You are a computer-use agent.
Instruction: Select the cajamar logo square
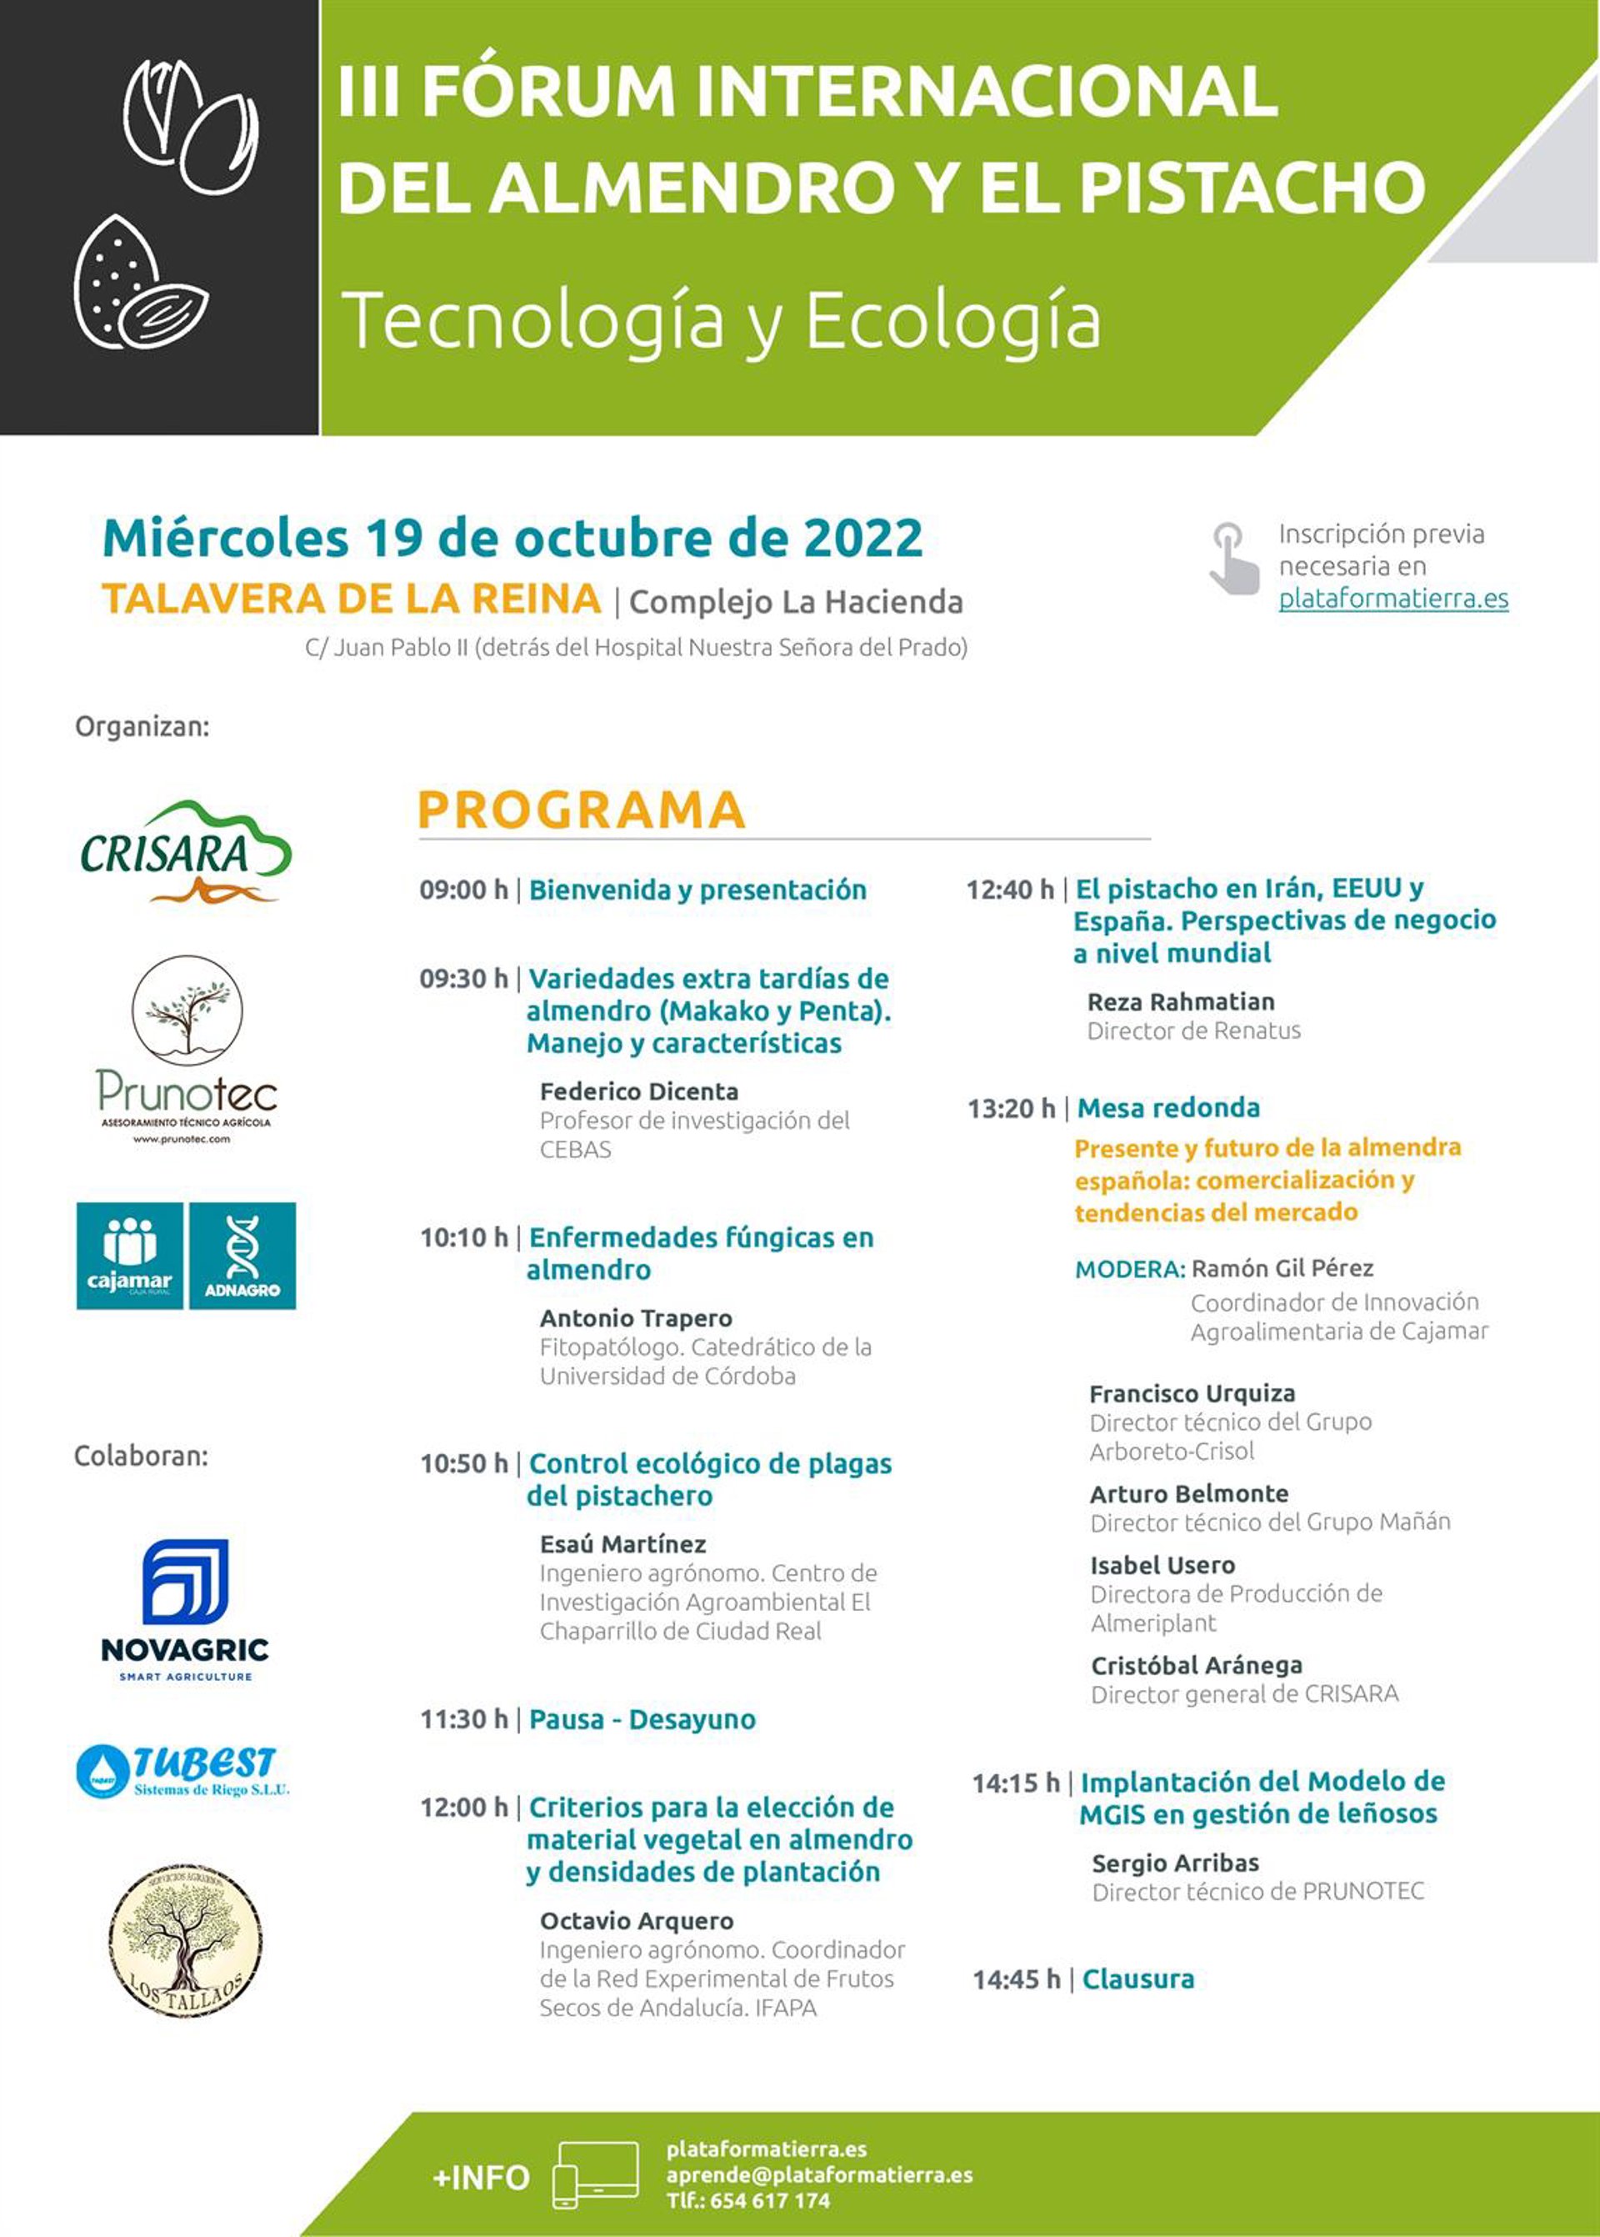130,1256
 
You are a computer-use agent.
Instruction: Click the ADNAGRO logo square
242,1256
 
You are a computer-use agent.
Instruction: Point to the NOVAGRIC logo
185,1608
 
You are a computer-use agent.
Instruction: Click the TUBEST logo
184,1771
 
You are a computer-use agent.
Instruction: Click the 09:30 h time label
463,979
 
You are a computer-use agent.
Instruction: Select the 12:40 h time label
1010,890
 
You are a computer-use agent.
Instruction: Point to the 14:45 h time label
1017,1979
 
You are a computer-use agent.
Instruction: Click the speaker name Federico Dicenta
638,1091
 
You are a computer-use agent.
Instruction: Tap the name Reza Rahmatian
1180,1001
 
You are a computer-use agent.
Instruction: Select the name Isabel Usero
1162,1565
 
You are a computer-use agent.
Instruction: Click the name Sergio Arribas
1175,1863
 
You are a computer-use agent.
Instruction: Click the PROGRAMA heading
582,810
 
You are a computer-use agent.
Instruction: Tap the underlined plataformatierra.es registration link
1393,598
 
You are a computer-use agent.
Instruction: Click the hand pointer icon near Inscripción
1234,558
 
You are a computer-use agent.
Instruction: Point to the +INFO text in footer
481,2177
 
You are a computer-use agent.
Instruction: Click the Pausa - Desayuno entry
642,1719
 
